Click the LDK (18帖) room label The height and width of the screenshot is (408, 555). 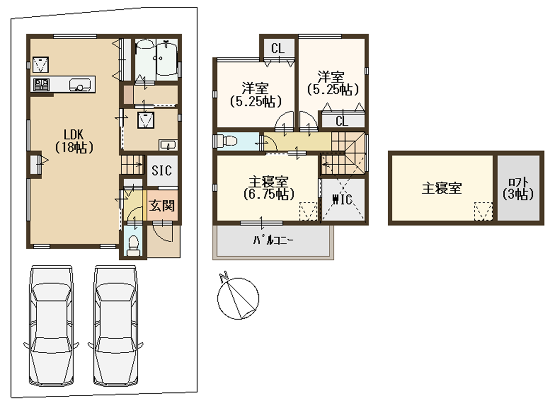74,141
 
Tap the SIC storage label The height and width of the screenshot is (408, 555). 162,170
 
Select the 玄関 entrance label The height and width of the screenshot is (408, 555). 162,206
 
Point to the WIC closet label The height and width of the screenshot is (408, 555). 343,199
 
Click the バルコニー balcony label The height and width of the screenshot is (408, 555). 273,240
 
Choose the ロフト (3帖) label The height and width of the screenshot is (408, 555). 518,189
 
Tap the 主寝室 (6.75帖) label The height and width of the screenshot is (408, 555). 269,188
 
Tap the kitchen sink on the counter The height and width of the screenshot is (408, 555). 80,85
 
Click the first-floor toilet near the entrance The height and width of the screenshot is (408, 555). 134,245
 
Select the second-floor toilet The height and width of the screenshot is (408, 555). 227,141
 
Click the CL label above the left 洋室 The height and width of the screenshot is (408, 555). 278,48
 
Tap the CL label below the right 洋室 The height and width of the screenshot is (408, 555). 342,121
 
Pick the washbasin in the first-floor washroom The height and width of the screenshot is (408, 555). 168,144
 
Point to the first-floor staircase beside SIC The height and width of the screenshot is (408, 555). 133,164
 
